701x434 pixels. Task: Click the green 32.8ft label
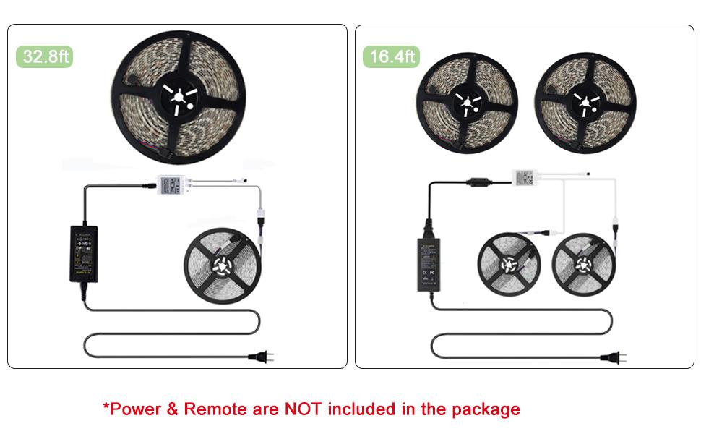pos(45,56)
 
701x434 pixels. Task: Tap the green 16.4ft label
pos(392,56)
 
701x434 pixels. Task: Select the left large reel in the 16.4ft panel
pos(468,100)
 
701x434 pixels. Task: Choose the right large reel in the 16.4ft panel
pos(586,100)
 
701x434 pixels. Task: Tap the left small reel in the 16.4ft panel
pos(509,263)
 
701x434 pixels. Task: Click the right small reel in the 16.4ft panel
pos(583,263)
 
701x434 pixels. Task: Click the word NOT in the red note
pos(304,409)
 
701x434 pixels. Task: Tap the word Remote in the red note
pos(214,409)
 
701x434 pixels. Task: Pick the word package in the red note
pos(486,410)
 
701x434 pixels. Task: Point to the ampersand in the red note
pos(172,409)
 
